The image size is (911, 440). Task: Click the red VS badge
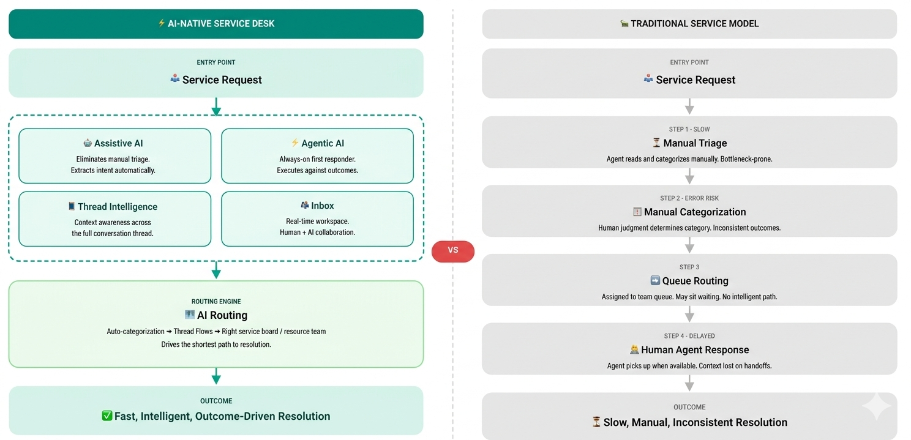(452, 251)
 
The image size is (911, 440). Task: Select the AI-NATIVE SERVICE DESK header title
(222, 24)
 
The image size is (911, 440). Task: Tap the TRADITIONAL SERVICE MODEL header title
(694, 24)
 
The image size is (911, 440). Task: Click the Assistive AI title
(118, 143)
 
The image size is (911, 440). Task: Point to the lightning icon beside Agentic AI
(295, 143)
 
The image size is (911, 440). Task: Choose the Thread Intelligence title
(117, 207)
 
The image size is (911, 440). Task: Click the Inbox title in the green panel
(322, 206)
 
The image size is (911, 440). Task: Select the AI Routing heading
(222, 315)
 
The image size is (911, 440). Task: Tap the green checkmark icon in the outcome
(107, 416)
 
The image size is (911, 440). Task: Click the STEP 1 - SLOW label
(689, 129)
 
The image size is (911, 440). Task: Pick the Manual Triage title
(695, 143)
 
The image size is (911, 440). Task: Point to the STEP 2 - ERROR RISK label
(689, 198)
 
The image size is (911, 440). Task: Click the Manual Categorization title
(695, 212)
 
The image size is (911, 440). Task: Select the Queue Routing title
(695, 281)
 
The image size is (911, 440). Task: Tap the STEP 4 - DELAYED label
(689, 336)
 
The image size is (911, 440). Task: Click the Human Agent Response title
(695, 350)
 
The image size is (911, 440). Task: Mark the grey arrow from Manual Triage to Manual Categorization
(689, 176)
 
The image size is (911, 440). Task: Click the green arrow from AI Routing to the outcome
(216, 376)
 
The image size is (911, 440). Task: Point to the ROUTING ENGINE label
(216, 302)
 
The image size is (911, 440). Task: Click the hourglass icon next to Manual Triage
(656, 143)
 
